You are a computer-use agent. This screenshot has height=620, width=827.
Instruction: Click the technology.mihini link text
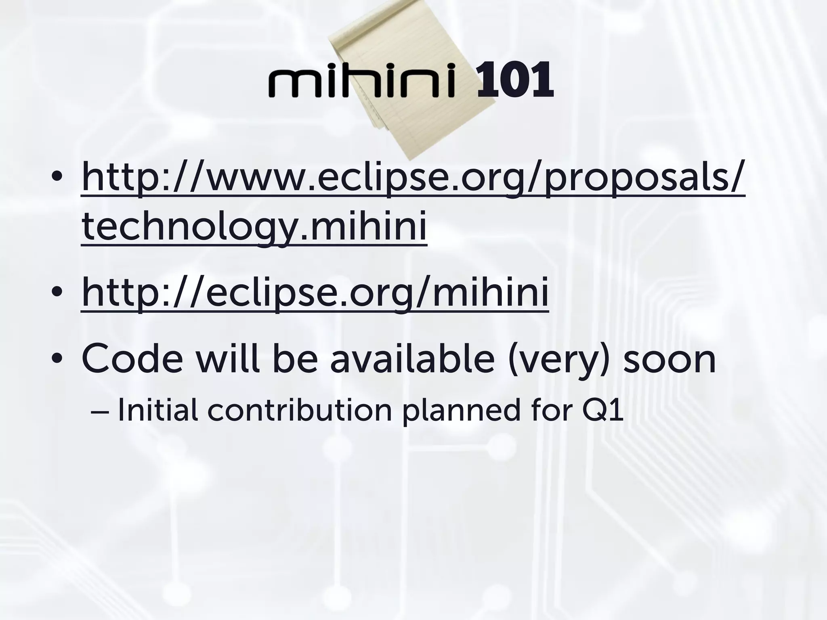click(254, 226)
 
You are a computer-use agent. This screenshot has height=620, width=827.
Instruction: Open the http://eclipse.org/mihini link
click(315, 293)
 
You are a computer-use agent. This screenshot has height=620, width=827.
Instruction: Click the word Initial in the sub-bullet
click(157, 411)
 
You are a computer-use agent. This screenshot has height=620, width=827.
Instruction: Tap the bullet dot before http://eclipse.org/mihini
click(57, 291)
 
